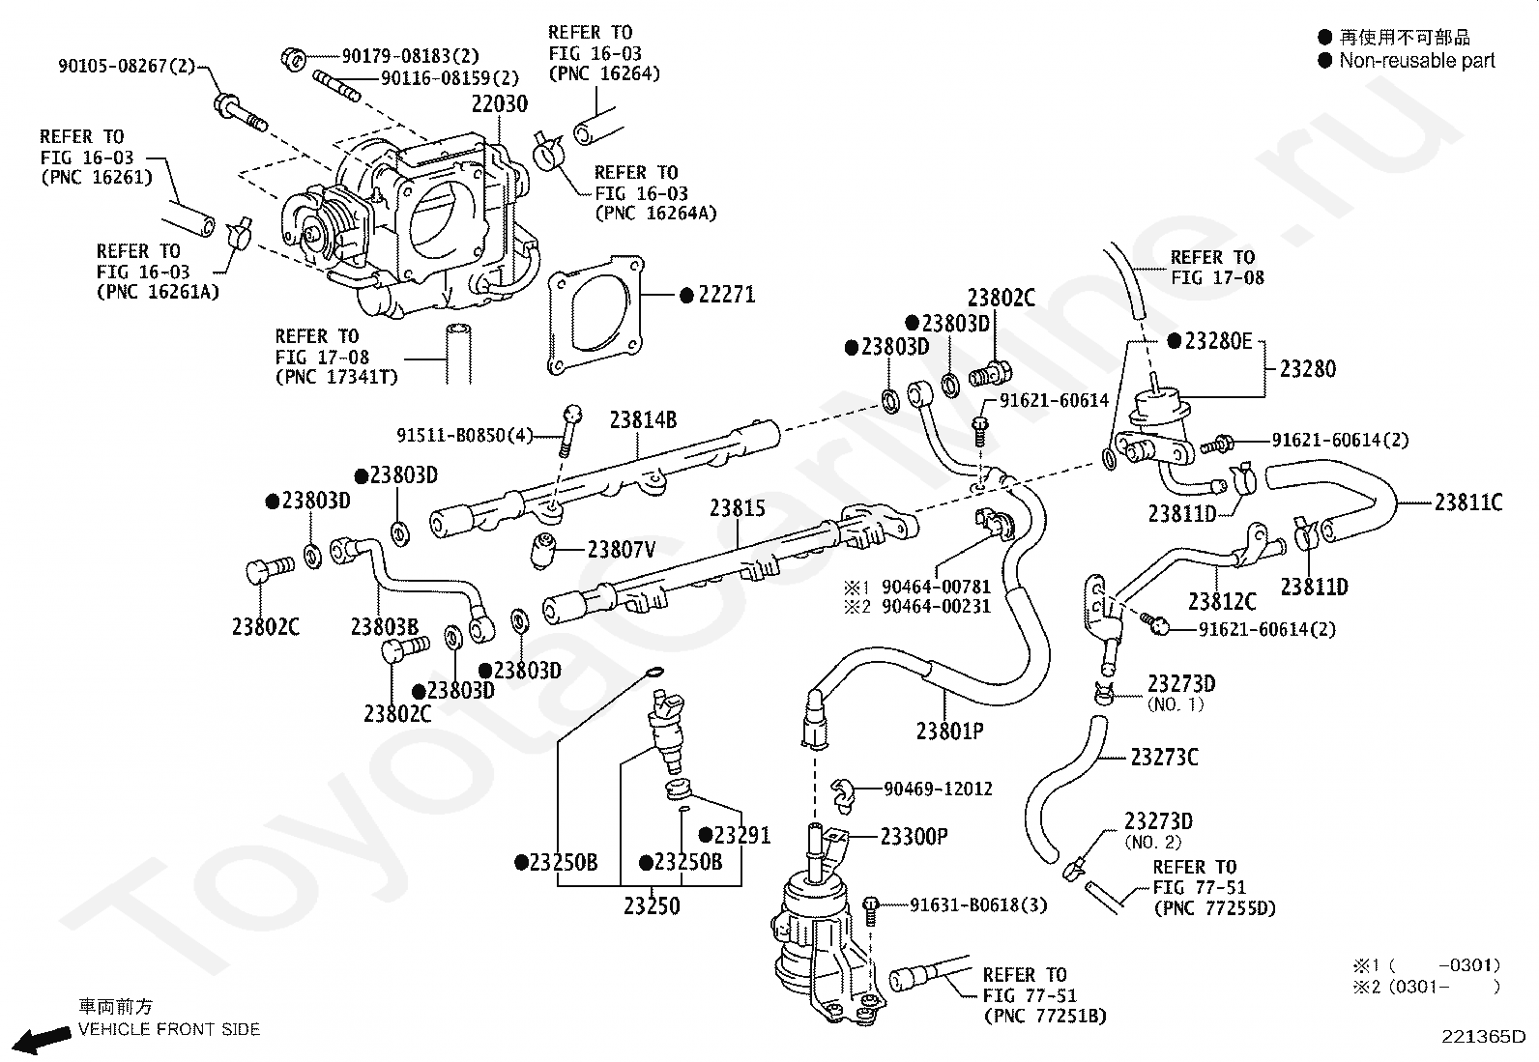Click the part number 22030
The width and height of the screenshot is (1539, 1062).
[500, 104]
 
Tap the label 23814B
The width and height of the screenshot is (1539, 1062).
[642, 420]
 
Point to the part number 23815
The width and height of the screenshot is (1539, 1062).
[737, 508]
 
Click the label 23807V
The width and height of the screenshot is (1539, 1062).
[622, 550]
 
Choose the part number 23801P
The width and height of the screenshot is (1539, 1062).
[949, 731]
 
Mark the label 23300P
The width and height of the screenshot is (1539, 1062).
[914, 836]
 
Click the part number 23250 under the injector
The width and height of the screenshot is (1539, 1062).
[652, 906]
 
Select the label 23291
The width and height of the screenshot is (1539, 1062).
[741, 836]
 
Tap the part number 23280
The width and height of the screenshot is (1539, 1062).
[1307, 368]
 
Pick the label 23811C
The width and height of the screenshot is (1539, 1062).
[1467, 502]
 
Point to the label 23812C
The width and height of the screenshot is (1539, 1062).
[1222, 601]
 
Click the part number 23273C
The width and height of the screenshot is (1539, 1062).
[1164, 757]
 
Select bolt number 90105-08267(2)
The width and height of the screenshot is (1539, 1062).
[126, 67]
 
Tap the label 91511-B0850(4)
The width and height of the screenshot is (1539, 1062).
[465, 436]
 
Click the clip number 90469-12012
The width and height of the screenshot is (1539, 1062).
[938, 789]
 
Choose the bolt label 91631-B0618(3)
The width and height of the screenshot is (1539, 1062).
[978, 905]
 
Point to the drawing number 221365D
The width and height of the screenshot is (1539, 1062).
[1483, 1037]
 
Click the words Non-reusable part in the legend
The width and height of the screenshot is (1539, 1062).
[1416, 61]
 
